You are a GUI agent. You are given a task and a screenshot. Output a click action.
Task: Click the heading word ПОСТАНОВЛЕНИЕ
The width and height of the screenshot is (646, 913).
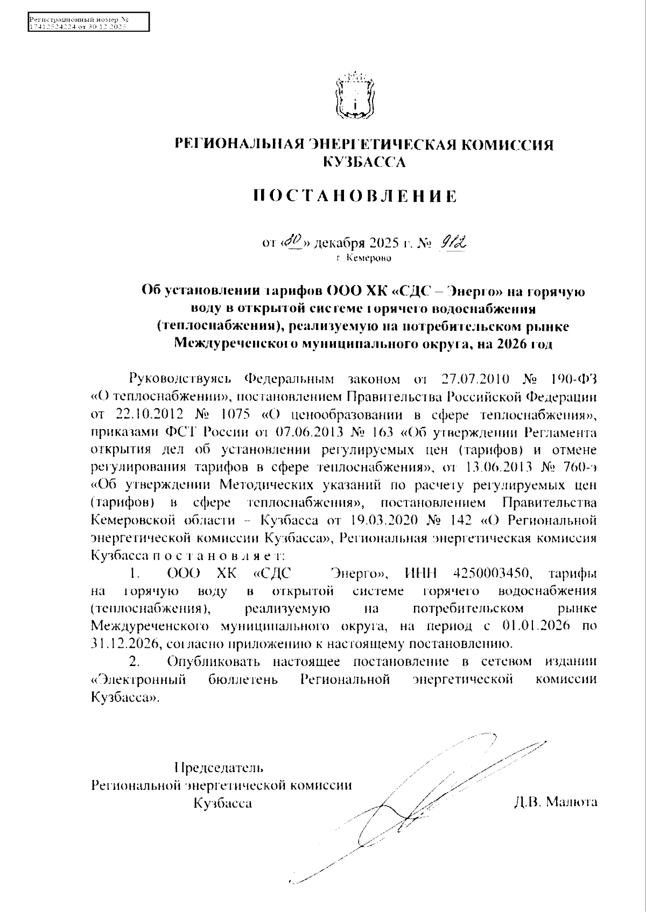click(x=355, y=196)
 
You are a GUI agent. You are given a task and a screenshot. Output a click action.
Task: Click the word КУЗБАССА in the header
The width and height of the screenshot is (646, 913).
click(x=364, y=161)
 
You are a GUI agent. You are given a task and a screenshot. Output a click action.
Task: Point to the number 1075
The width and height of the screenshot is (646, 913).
click(x=234, y=415)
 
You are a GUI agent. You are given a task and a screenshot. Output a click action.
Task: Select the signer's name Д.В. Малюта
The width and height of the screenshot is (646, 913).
click(x=555, y=802)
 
